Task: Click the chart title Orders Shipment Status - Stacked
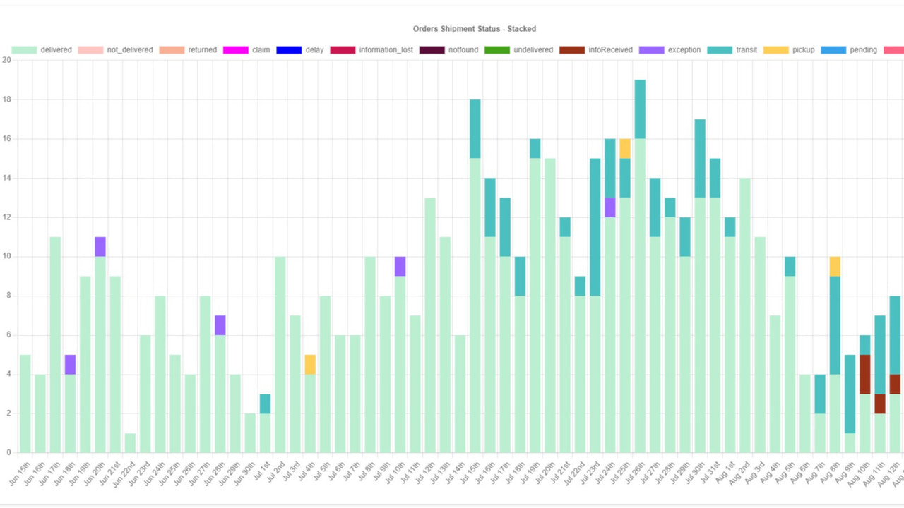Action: click(474, 29)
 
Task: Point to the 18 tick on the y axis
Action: click(6, 99)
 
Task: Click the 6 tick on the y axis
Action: click(6, 335)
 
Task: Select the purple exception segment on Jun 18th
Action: click(70, 365)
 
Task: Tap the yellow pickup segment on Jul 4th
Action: click(310, 365)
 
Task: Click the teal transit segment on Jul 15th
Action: click(475, 129)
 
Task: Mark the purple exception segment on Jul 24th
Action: click(610, 207)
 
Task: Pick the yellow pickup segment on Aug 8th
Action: click(835, 266)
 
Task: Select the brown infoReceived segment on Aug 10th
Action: click(865, 374)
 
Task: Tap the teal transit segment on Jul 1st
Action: click(265, 404)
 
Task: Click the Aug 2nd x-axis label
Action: click(741, 474)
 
